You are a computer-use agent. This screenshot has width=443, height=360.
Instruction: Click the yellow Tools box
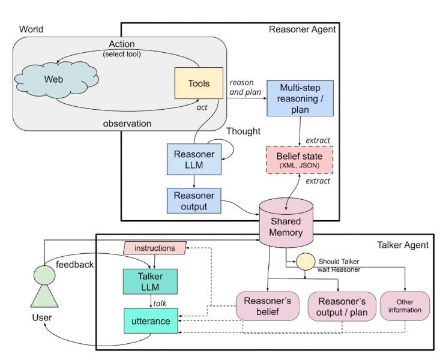point(199,83)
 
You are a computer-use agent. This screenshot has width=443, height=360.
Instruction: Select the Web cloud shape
point(56,80)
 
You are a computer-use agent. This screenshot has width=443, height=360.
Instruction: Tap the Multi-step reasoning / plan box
point(300,98)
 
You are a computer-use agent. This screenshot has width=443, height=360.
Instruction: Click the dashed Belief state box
point(300,160)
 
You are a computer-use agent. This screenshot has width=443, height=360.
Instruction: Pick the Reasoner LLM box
point(194,159)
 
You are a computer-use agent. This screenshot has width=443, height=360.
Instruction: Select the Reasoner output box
point(194,201)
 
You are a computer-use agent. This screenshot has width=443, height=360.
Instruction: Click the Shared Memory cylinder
point(286,223)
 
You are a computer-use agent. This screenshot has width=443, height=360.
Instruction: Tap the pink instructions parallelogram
point(155,248)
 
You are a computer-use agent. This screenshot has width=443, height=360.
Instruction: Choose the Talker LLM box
point(150,281)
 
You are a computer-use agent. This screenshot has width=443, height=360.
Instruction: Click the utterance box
point(151,321)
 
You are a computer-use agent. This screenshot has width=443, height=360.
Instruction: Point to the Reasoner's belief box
point(267,306)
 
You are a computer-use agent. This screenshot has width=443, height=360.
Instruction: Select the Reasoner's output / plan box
point(342,307)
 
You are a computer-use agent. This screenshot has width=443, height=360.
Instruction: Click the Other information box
point(405,306)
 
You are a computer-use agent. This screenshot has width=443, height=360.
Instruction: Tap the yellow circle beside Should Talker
point(306,262)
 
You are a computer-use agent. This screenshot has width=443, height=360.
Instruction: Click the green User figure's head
point(44,275)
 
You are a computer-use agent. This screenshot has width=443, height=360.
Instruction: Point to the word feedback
point(74,265)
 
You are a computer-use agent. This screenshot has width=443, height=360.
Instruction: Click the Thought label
point(243,131)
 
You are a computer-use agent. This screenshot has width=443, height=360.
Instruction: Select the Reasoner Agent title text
point(302,29)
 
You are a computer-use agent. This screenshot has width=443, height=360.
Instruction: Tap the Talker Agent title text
point(403,245)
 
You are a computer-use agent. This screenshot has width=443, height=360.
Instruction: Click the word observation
point(127,124)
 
